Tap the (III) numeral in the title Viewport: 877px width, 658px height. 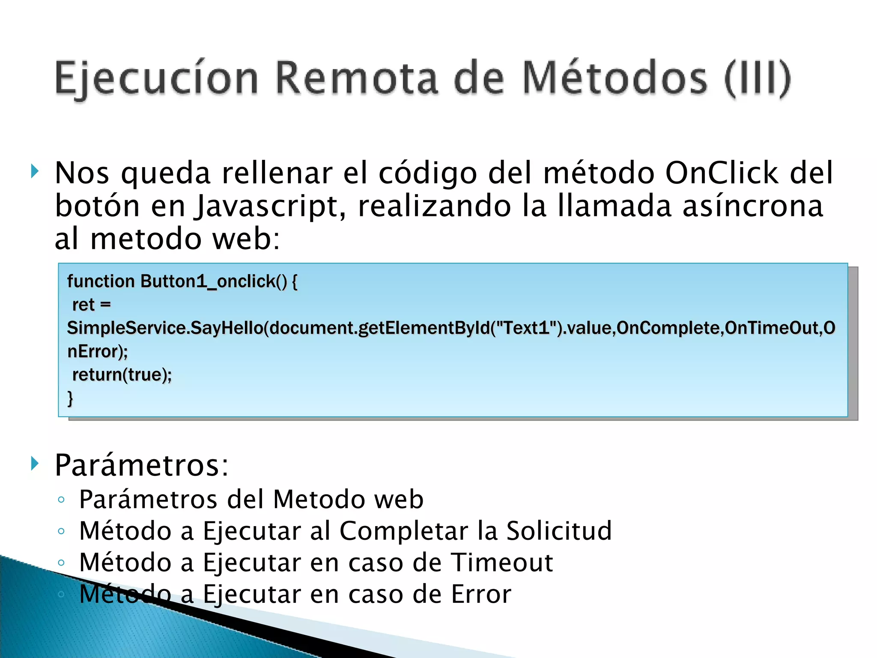757,78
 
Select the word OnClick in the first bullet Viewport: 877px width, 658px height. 722,173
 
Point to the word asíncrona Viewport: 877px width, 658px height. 752,206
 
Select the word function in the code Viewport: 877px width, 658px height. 101,281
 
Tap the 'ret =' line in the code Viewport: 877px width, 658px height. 92,305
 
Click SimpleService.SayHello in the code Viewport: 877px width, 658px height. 165,328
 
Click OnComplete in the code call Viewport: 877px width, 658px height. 669,328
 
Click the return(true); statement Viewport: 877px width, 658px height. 122,375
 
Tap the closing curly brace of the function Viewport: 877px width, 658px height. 70,398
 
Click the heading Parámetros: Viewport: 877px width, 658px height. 142,465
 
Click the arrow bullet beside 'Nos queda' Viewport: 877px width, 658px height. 35,172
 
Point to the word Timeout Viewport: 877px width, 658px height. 502,562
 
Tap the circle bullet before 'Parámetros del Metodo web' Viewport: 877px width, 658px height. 61,499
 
